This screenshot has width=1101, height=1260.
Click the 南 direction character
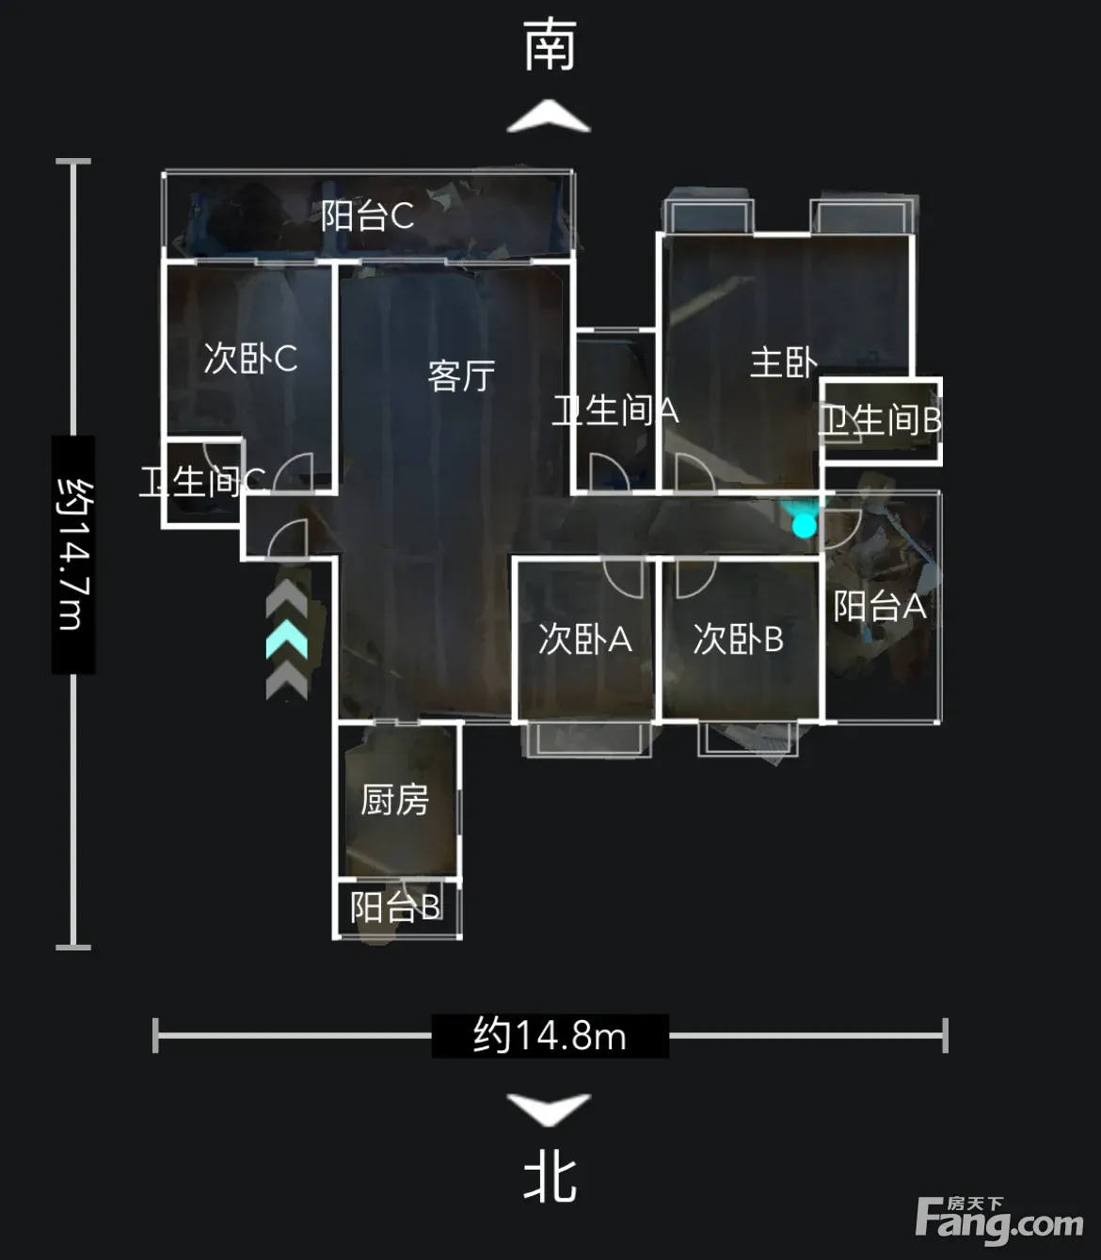click(550, 45)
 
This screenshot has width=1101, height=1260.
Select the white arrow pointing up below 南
click(549, 116)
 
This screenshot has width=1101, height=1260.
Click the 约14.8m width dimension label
click(550, 1036)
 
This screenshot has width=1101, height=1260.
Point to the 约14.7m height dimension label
click(74, 553)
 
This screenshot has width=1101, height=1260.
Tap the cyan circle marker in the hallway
click(804, 527)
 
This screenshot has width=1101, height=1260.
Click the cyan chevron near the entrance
click(286, 639)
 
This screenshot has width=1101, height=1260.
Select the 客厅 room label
click(462, 376)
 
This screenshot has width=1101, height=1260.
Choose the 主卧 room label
click(783, 362)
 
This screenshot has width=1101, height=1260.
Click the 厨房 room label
click(394, 799)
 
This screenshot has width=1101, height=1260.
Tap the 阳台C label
click(367, 216)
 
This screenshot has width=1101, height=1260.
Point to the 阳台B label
click(395, 906)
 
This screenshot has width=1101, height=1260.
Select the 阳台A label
click(880, 606)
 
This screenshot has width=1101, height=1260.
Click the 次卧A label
click(585, 639)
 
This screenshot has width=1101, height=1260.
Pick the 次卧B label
click(739, 639)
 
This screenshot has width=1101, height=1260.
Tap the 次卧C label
click(250, 359)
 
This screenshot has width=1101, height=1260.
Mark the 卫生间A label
click(615, 411)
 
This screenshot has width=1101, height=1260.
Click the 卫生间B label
click(881, 420)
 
